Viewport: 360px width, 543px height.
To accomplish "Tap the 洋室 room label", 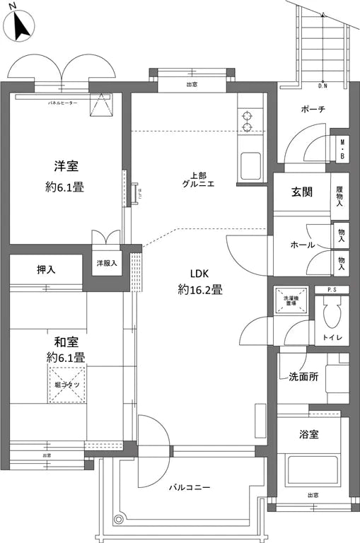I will pyautogui.click(x=66, y=167).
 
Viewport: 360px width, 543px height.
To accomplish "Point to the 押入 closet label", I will pyautogui.click(x=46, y=269).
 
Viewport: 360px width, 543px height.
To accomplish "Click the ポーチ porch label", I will pyautogui.click(x=312, y=109).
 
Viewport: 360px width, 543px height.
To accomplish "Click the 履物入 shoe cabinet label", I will pyautogui.click(x=340, y=195).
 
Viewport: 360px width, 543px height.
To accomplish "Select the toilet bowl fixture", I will pyautogui.click(x=330, y=312).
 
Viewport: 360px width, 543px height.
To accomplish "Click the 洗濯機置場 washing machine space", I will pyautogui.click(x=291, y=298).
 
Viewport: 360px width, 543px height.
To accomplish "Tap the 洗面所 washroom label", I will pyautogui.click(x=303, y=376).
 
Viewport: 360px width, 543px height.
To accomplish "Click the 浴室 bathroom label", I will pyautogui.click(x=308, y=433).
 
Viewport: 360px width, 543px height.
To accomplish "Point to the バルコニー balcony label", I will pyautogui.click(x=189, y=487).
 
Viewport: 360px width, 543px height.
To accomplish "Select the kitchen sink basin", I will pyautogui.click(x=251, y=166).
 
